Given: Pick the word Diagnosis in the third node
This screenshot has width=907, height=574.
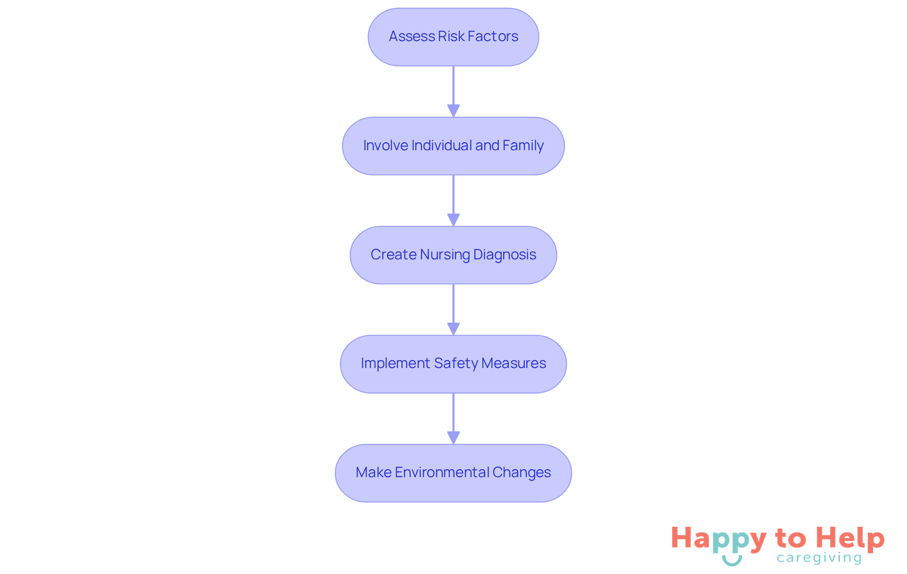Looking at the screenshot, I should pos(505,255).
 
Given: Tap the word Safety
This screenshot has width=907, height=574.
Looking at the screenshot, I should pos(456,363).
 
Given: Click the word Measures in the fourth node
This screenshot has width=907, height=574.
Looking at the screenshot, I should pos(513,363).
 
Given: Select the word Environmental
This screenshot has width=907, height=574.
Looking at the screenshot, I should pos(442,472).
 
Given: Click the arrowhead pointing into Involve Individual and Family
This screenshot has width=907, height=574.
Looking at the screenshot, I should pos(453,111).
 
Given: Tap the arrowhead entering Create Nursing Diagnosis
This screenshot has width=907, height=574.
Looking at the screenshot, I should pos(453,220).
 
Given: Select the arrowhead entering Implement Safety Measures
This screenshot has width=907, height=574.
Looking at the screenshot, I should pos(453,329).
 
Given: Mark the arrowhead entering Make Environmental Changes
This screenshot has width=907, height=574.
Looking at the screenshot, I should pos(453,437).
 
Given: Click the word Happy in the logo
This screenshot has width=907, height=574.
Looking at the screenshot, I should pos(718,539).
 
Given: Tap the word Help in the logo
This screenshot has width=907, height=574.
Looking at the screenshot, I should pos(850,538).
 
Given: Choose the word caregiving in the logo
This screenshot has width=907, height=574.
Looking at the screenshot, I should pos(819,558).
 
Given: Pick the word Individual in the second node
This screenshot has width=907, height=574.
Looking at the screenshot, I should pos(441,146).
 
